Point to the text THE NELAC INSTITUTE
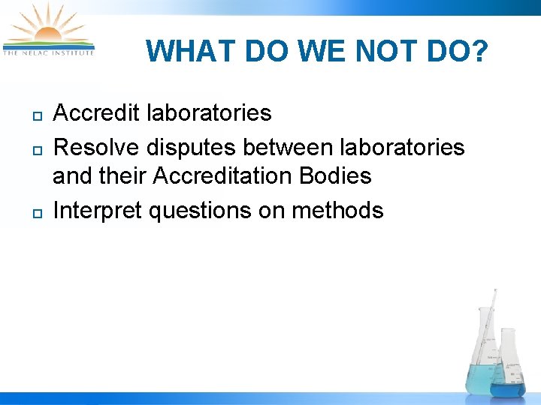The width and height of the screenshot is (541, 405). coord(48,52)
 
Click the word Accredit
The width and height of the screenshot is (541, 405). coord(97,113)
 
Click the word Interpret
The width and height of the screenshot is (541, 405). coord(98,211)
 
